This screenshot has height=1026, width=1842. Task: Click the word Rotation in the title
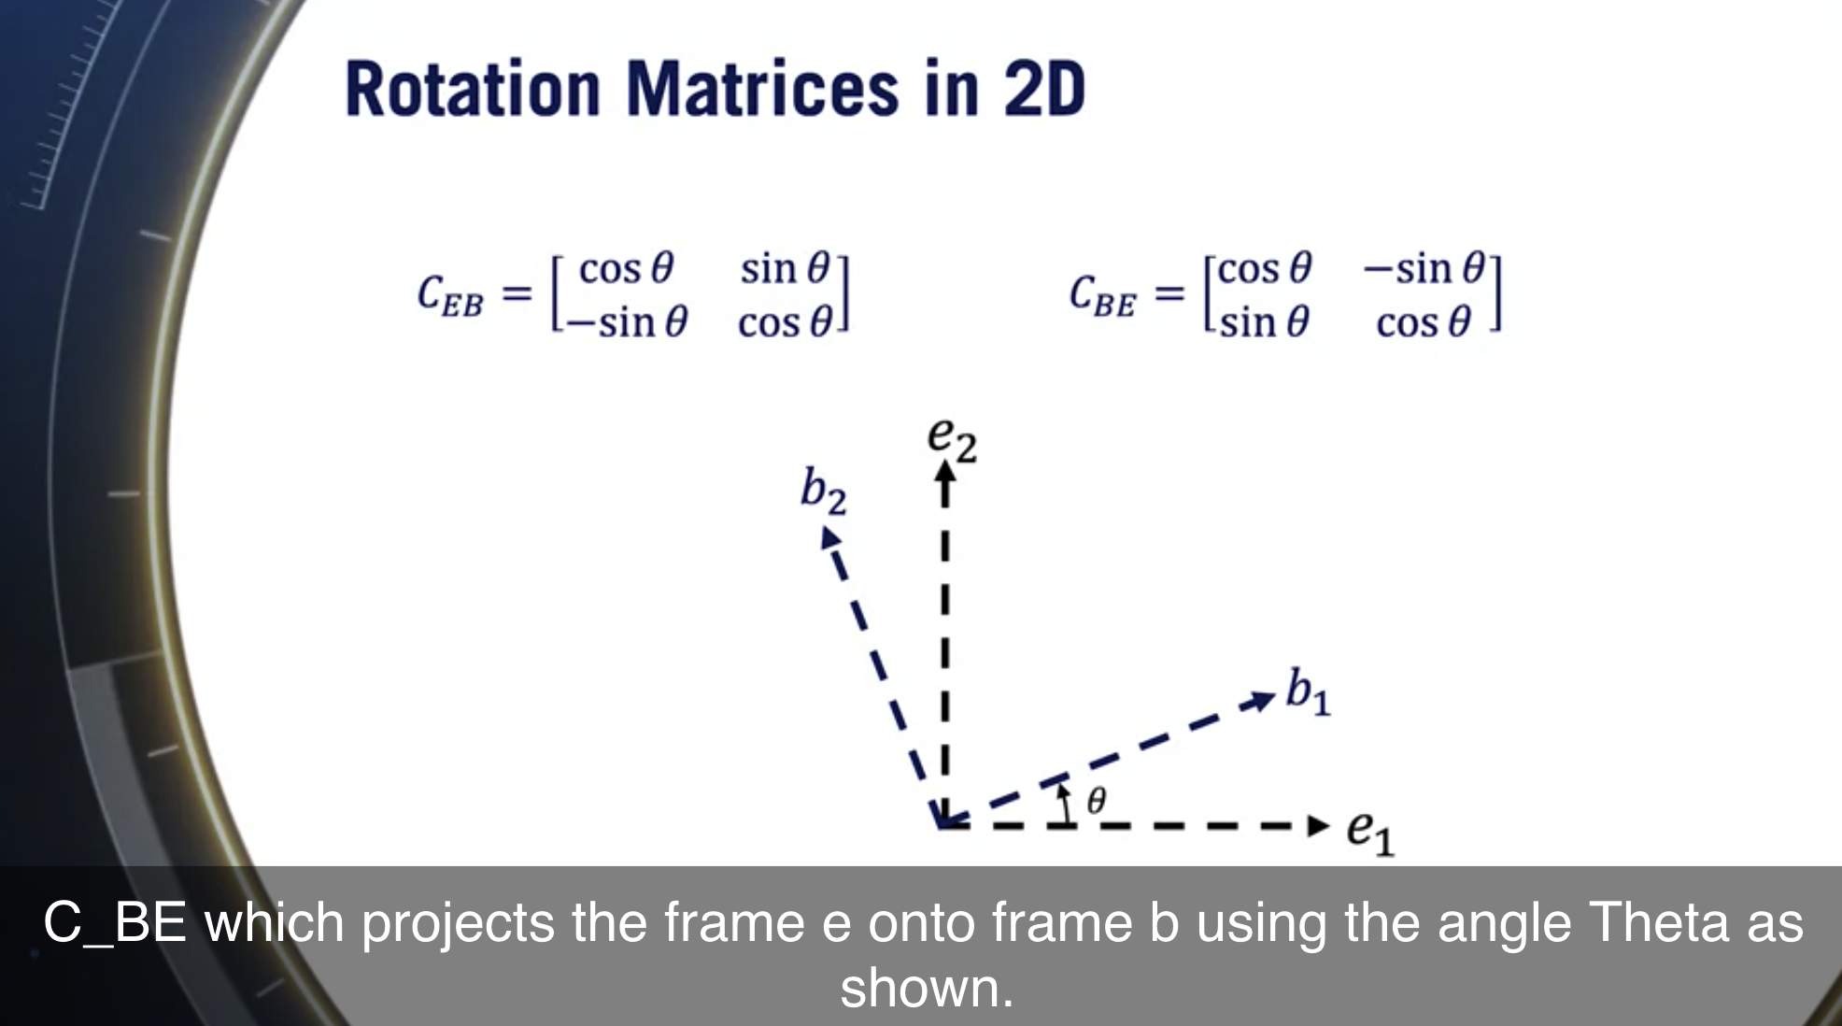click(x=472, y=90)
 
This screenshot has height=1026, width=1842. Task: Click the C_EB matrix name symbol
click(x=449, y=295)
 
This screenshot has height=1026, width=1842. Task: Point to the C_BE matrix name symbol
click(x=1102, y=295)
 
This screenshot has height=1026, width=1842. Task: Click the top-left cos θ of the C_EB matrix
click(x=625, y=269)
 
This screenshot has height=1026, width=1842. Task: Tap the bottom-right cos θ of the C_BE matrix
click(x=1423, y=323)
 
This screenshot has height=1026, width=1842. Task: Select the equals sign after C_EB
click(x=516, y=294)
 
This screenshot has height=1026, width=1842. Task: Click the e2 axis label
click(x=952, y=438)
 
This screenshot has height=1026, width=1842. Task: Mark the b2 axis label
click(x=822, y=491)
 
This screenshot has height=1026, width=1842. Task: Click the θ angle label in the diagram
click(x=1096, y=801)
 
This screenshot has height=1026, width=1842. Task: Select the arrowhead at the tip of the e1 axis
click(x=1317, y=826)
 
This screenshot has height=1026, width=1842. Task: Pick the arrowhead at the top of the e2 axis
click(x=945, y=475)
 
